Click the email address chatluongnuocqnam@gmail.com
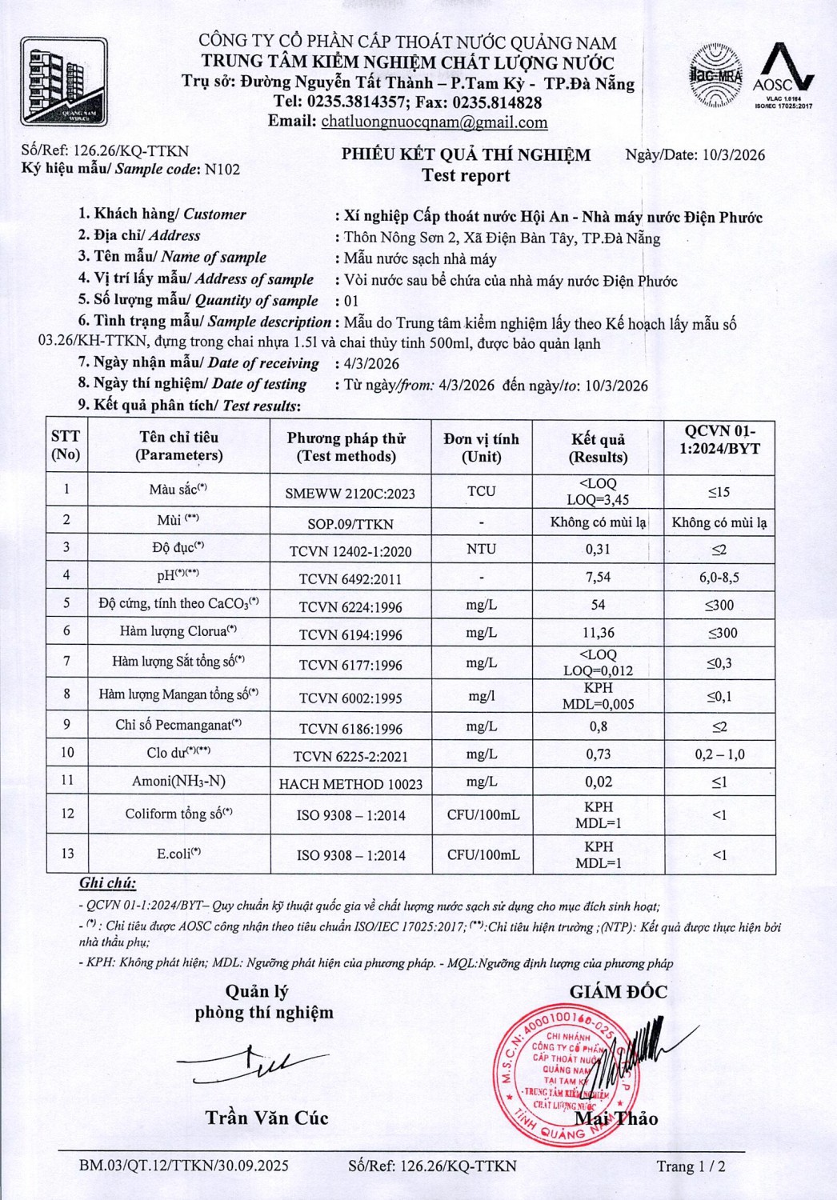coord(434,122)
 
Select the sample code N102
coord(222,170)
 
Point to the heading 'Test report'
coord(466,176)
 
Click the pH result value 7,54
coord(598,577)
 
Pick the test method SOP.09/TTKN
coord(350,524)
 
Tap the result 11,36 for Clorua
coord(598,633)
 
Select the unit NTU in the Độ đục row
coord(481,549)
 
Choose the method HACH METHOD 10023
coord(350,784)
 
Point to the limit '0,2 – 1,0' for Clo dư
coord(719,754)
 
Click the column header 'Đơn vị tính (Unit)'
coord(481,448)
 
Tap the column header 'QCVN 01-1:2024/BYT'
coord(719,439)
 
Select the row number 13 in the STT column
coord(66,854)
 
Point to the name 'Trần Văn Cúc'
coord(266,1118)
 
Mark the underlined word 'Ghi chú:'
coord(107,883)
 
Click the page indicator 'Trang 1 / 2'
coord(691,1166)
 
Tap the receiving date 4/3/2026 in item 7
coord(371,363)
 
